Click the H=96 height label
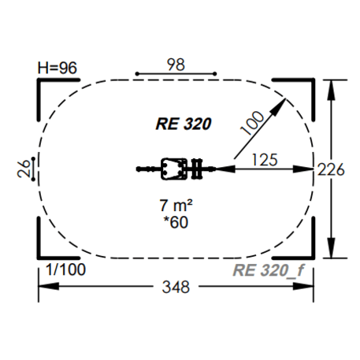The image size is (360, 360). click(58, 68)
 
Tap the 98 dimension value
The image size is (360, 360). click(176, 65)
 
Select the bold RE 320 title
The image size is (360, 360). click(184, 124)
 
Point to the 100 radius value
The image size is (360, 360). click(252, 123)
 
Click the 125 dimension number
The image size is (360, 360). click(265, 160)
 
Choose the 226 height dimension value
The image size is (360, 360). click(331, 169)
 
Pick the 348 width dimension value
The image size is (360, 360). click(176, 287)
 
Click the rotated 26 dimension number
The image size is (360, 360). click(24, 169)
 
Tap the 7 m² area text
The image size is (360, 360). click(176, 206)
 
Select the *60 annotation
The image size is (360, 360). click(176, 222)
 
